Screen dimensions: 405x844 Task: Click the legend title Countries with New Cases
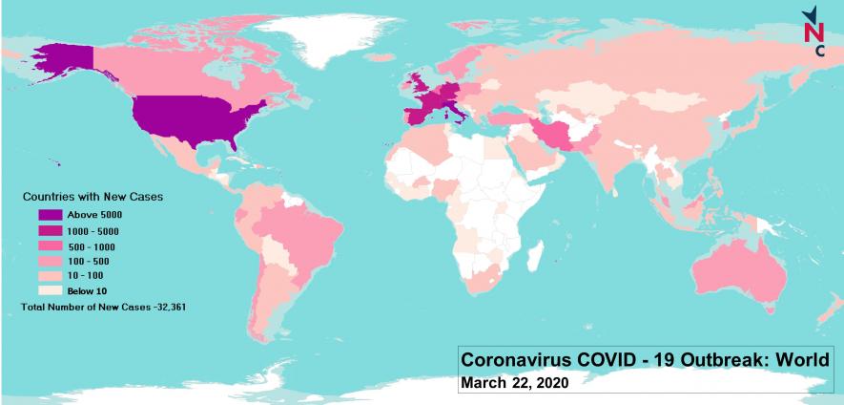pos(93,196)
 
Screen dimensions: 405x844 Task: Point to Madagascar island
pos(555,257)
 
